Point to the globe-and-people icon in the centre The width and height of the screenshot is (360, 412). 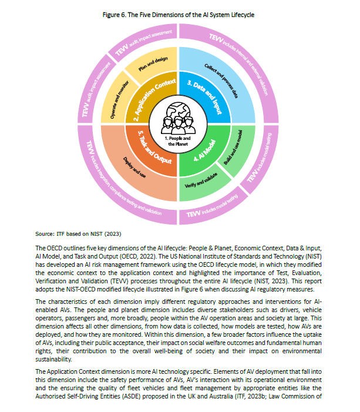pyautogui.click(x=180, y=118)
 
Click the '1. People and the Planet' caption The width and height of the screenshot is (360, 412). pyautogui.click(x=180, y=140)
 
